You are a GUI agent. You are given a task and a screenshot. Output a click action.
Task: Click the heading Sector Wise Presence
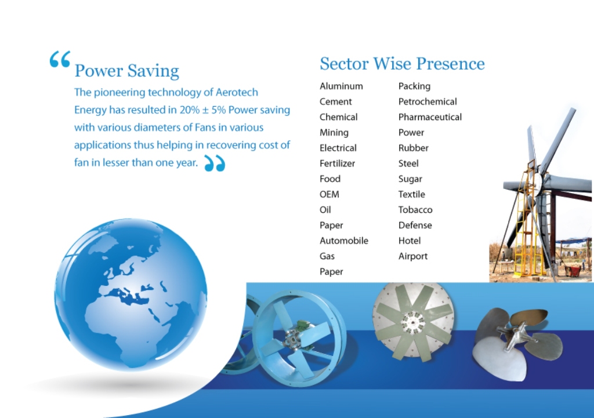coord(402,64)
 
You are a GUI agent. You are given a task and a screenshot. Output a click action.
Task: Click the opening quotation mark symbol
coord(60,59)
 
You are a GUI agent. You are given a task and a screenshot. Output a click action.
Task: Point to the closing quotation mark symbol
coord(215,163)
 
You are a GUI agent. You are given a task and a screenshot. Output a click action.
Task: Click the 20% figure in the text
coord(190,110)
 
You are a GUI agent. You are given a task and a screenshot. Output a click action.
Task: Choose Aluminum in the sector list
coord(341,86)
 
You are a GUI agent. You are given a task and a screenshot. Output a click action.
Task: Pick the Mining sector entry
coord(334,133)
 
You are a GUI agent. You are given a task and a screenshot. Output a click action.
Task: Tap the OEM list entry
coord(329,194)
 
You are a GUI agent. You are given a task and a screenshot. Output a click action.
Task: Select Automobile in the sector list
coord(343,241)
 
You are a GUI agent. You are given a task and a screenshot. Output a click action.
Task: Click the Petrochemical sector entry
coord(428,102)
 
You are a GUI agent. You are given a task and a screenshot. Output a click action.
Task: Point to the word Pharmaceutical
coord(430,117)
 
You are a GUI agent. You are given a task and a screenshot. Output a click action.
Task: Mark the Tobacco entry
coord(415,210)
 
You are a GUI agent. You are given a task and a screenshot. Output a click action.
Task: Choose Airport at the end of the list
coord(412,257)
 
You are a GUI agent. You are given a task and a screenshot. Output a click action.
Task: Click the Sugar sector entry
coord(410,179)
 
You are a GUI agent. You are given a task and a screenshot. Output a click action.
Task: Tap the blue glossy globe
coord(131,294)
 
